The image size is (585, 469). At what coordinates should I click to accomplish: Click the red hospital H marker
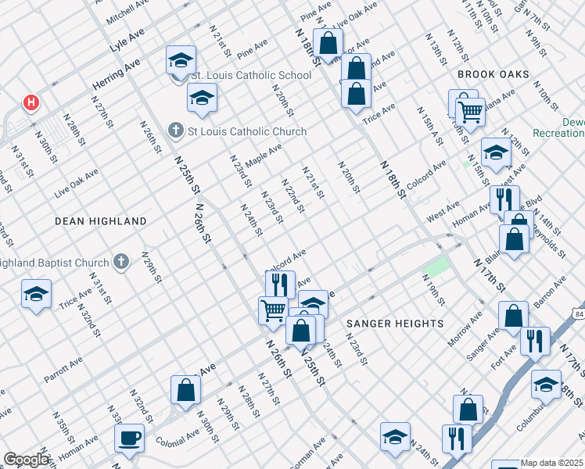pyautogui.click(x=31, y=102)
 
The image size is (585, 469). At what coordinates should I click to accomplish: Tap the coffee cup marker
pyautogui.click(x=130, y=439)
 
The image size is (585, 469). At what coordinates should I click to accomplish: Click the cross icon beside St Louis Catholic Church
pyautogui.click(x=176, y=131)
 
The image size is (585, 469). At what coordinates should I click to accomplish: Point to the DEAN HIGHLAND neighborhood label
pyautogui.click(x=101, y=221)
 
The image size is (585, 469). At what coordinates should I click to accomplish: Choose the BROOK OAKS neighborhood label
pyautogui.click(x=493, y=74)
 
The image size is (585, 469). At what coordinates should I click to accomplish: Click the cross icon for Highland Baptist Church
pyautogui.click(x=120, y=261)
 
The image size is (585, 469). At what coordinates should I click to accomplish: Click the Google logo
pyautogui.click(x=27, y=460)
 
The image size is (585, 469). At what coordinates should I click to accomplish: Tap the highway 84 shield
pyautogui.click(x=580, y=313)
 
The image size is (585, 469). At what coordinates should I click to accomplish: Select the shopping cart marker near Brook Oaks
pyautogui.click(x=469, y=113)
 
